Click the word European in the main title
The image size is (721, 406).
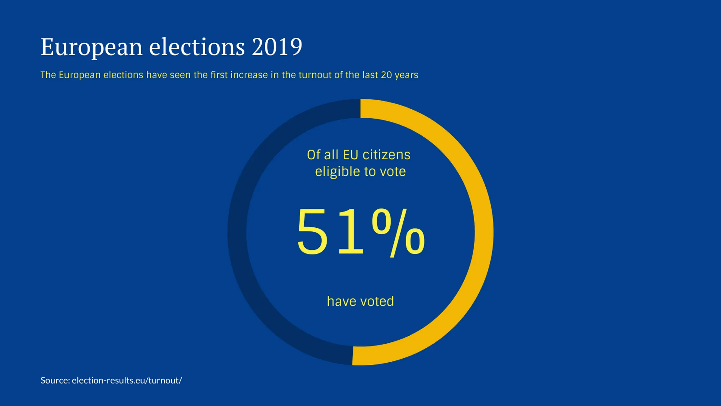tap(91, 47)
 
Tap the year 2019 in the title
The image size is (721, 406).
tap(277, 47)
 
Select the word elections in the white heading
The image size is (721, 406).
tap(197, 47)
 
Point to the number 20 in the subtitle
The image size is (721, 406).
tap(386, 75)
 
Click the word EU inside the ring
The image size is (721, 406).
tap(351, 155)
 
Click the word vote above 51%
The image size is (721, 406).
tap(393, 172)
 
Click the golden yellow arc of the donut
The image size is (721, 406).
tap(484, 232)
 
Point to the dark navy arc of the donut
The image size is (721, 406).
tap(237, 232)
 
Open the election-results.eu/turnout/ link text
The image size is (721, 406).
tap(127, 380)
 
